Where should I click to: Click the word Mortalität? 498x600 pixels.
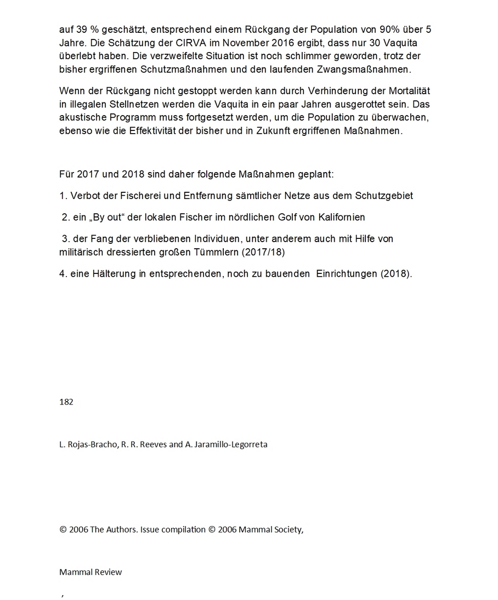(406, 90)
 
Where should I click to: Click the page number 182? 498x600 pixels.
(66, 402)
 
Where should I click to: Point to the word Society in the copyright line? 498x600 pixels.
(287, 530)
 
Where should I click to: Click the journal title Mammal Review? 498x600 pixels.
(90, 572)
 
